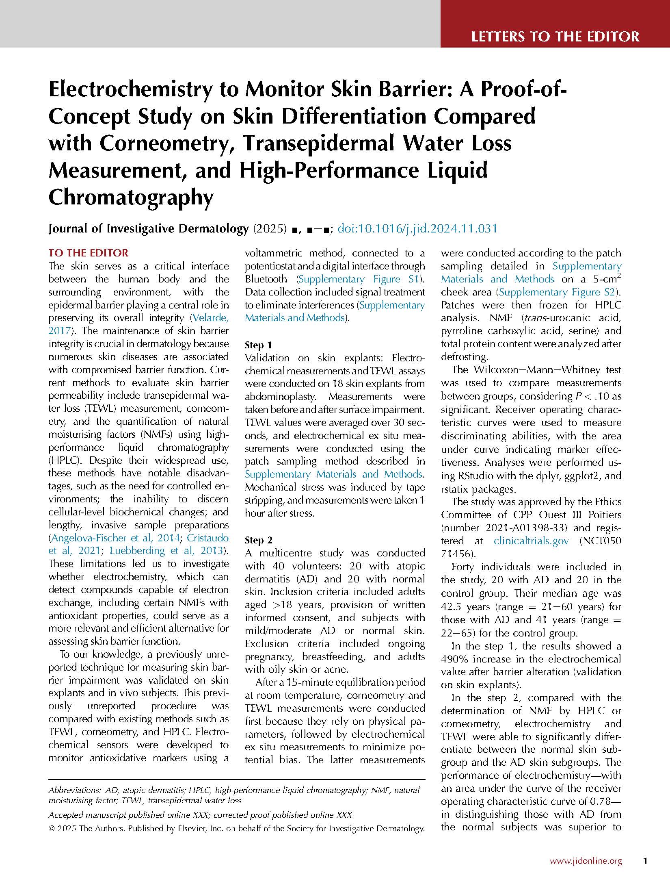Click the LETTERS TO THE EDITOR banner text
pyautogui.click(x=555, y=37)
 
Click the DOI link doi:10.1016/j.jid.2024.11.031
pyautogui.click(x=417, y=228)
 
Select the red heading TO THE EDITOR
pyautogui.click(x=88, y=253)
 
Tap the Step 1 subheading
pyautogui.click(x=258, y=345)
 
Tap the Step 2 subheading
pyautogui.click(x=258, y=540)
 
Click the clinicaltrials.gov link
pyautogui.click(x=531, y=541)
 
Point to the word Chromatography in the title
pyautogui.click(x=131, y=198)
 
